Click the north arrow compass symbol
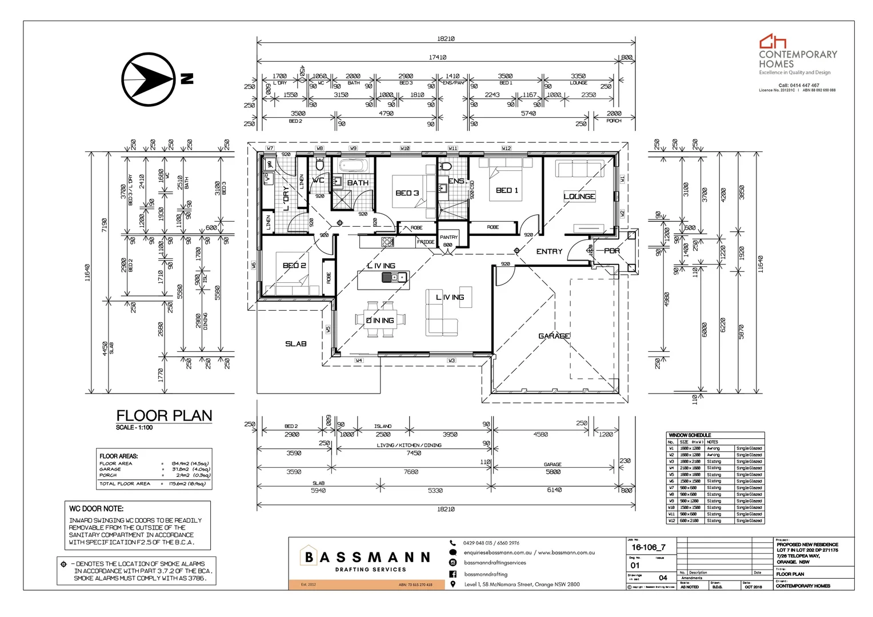pos(147,79)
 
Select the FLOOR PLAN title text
pos(164,416)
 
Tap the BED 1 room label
pos(507,190)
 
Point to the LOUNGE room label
pos(579,197)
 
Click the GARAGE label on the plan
pos(554,336)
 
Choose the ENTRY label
pos(549,251)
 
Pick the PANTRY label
pos(448,237)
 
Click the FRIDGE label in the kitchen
pos(425,242)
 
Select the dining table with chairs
pos(381,320)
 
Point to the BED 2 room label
pos(294,266)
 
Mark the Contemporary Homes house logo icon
pos(772,41)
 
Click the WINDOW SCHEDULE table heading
pos(690,435)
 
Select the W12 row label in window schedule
pos(671,520)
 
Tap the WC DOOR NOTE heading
pos(96,508)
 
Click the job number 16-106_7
pos(648,547)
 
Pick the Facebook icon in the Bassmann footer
pos(453,574)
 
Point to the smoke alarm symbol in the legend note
pos(63,564)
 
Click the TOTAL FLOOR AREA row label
pos(125,484)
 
